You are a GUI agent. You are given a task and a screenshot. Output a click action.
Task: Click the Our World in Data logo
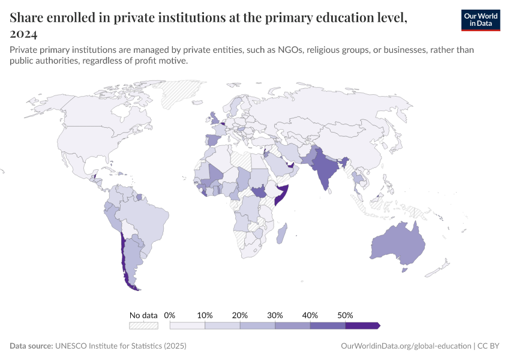coord(480,20)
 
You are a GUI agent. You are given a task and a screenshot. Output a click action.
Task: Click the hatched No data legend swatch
coord(143,325)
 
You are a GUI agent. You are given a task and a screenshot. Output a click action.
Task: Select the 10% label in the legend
coord(205,315)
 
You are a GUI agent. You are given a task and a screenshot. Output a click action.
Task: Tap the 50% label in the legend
coord(345,315)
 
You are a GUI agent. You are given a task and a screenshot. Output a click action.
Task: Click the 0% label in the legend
coord(170,315)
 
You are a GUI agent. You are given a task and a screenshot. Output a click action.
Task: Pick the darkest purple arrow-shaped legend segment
coord(362,325)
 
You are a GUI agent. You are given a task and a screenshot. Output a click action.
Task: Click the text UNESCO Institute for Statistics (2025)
coord(121,346)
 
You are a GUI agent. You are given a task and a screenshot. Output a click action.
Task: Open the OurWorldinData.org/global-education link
coord(405,346)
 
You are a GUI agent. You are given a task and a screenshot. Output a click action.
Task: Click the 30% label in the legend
coord(275,315)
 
